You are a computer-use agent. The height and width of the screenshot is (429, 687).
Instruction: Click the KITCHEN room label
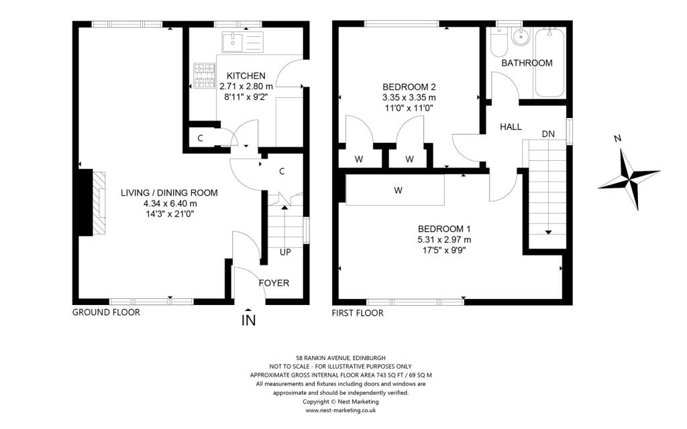point(246,76)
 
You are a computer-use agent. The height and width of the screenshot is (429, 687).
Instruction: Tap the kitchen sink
point(242,42)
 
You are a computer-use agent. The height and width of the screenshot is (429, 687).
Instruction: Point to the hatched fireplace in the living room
point(99,204)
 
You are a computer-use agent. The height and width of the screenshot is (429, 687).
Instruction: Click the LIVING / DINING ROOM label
point(169,192)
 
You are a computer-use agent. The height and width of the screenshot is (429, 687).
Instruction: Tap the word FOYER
point(274,284)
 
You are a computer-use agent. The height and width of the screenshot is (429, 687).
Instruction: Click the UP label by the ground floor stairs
point(285,252)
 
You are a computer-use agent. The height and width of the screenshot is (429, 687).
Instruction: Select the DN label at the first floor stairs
point(548,134)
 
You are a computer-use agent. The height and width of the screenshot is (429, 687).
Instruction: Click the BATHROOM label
point(527,63)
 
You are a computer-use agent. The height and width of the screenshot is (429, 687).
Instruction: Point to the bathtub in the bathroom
point(549,63)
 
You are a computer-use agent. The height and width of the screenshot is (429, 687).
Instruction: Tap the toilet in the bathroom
point(498,44)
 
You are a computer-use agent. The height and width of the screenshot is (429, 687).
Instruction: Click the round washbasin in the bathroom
point(521,37)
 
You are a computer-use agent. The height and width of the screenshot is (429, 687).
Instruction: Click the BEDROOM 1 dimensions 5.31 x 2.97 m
point(444,240)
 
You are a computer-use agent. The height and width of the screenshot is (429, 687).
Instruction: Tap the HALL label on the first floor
point(511,127)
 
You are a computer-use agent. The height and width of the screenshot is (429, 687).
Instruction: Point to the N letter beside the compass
point(618,139)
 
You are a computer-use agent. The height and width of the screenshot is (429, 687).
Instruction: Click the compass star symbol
point(629,180)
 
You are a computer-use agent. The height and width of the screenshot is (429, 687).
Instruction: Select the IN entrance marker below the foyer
point(248,320)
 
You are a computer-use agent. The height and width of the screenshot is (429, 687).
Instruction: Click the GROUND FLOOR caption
point(106,312)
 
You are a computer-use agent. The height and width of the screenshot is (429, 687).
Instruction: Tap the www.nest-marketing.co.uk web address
point(340,410)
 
